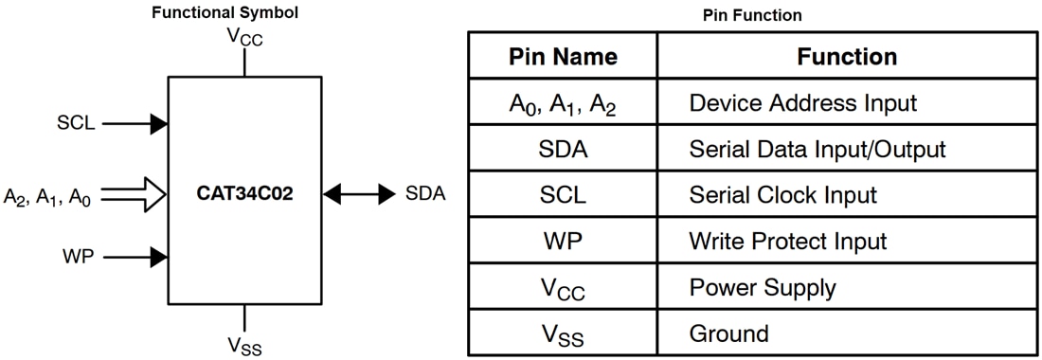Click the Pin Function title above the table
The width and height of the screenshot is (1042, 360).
753,15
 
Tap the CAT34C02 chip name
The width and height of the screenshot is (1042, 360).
245,195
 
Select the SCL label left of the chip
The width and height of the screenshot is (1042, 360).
76,123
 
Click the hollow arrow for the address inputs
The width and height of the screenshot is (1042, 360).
135,195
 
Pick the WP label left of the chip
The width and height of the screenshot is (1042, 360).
78,256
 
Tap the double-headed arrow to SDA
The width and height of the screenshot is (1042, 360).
358,195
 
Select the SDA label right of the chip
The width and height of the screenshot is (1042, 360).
425,195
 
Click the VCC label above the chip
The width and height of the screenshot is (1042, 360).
244,37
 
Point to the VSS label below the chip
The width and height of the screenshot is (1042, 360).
244,346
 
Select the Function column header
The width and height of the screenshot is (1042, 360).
847,56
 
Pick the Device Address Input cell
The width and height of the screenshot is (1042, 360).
803,102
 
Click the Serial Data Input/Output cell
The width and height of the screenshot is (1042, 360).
817,149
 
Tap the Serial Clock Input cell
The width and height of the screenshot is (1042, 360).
782,195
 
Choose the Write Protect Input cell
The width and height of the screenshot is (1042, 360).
788,241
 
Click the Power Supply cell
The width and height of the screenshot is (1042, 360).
763,286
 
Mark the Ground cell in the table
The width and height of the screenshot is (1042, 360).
729,333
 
